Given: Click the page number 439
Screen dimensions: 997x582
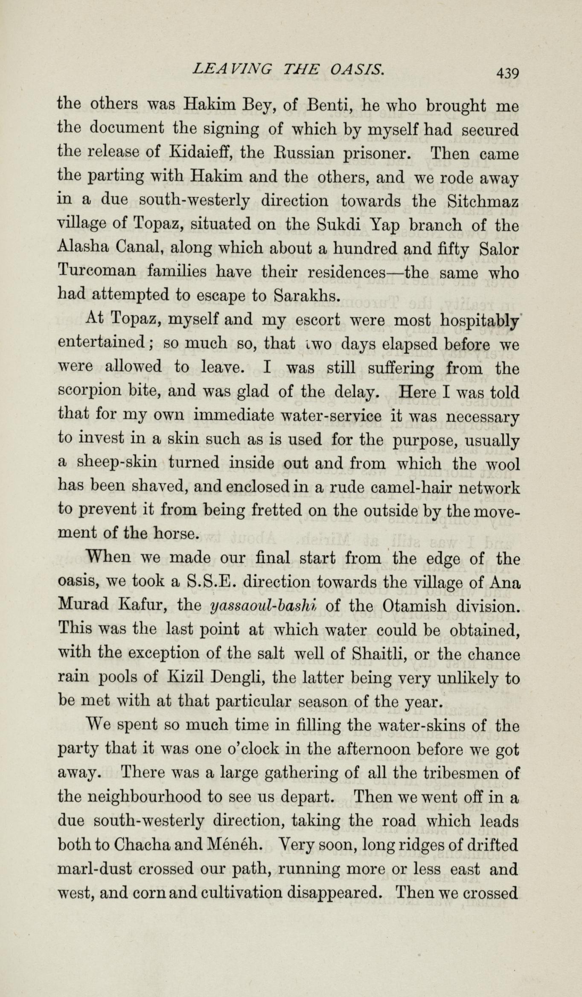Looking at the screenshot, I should (506, 73).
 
